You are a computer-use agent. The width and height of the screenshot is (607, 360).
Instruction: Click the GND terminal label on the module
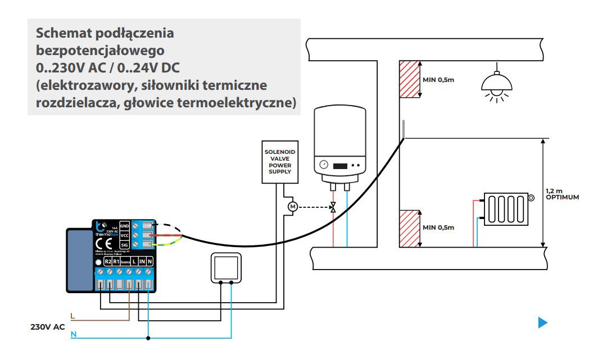(x=125, y=225)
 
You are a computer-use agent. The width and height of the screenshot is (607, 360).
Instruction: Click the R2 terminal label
(x=108, y=262)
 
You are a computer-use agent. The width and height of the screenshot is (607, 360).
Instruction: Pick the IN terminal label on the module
(x=142, y=262)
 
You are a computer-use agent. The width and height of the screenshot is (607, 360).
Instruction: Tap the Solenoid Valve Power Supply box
(x=280, y=161)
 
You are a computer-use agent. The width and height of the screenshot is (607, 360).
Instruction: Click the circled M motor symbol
(x=292, y=207)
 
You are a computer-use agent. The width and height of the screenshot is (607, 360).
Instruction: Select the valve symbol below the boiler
(x=333, y=207)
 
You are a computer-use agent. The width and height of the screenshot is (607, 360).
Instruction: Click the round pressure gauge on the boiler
(x=324, y=165)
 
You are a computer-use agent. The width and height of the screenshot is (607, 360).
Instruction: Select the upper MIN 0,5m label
(x=438, y=80)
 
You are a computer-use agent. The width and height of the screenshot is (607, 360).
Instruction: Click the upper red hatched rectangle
(x=410, y=79)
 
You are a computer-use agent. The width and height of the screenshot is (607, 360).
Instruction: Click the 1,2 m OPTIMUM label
(x=561, y=194)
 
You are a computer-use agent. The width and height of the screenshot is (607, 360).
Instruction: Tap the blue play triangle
(x=542, y=322)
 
